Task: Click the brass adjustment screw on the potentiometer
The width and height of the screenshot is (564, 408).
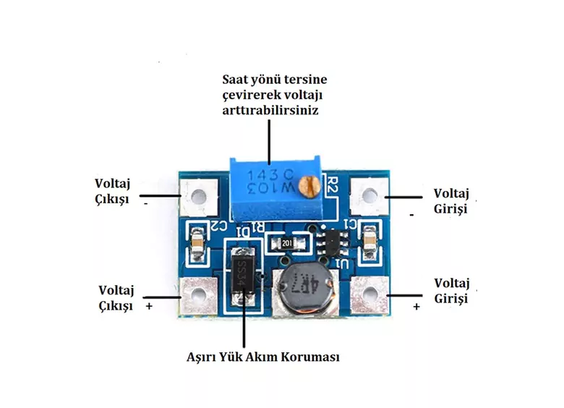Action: (x=309, y=187)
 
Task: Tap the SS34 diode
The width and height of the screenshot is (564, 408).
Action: (x=244, y=279)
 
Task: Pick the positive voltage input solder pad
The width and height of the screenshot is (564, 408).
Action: (x=369, y=295)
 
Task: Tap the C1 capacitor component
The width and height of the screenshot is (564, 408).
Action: (x=370, y=241)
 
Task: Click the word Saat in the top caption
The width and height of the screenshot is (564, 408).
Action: (x=236, y=80)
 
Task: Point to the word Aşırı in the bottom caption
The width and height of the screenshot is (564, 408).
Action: (x=203, y=357)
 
